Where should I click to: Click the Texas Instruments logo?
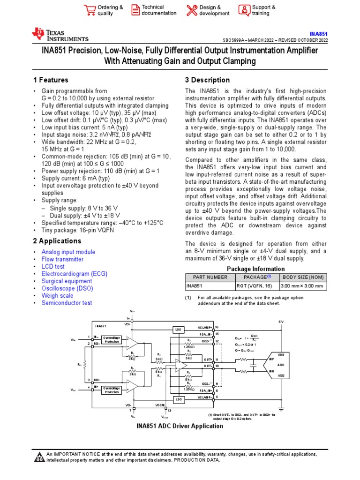point(60,34)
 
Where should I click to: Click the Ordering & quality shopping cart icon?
point(89,10)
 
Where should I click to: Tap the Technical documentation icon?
point(135,10)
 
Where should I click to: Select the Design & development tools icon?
point(192,10)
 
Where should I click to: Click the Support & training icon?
point(244,10)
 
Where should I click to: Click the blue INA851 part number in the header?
point(319,34)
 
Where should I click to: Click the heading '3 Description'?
point(207,80)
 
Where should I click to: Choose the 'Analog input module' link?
point(68,252)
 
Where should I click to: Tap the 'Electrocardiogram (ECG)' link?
point(74,273)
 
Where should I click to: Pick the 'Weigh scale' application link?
point(57,296)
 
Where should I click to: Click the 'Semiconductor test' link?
point(67,303)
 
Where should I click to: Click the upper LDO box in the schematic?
point(178,330)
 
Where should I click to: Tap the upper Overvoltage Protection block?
point(112,339)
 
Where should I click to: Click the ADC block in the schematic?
point(282,364)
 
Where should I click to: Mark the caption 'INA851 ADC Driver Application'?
point(180,426)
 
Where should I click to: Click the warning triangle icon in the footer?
point(39,457)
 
